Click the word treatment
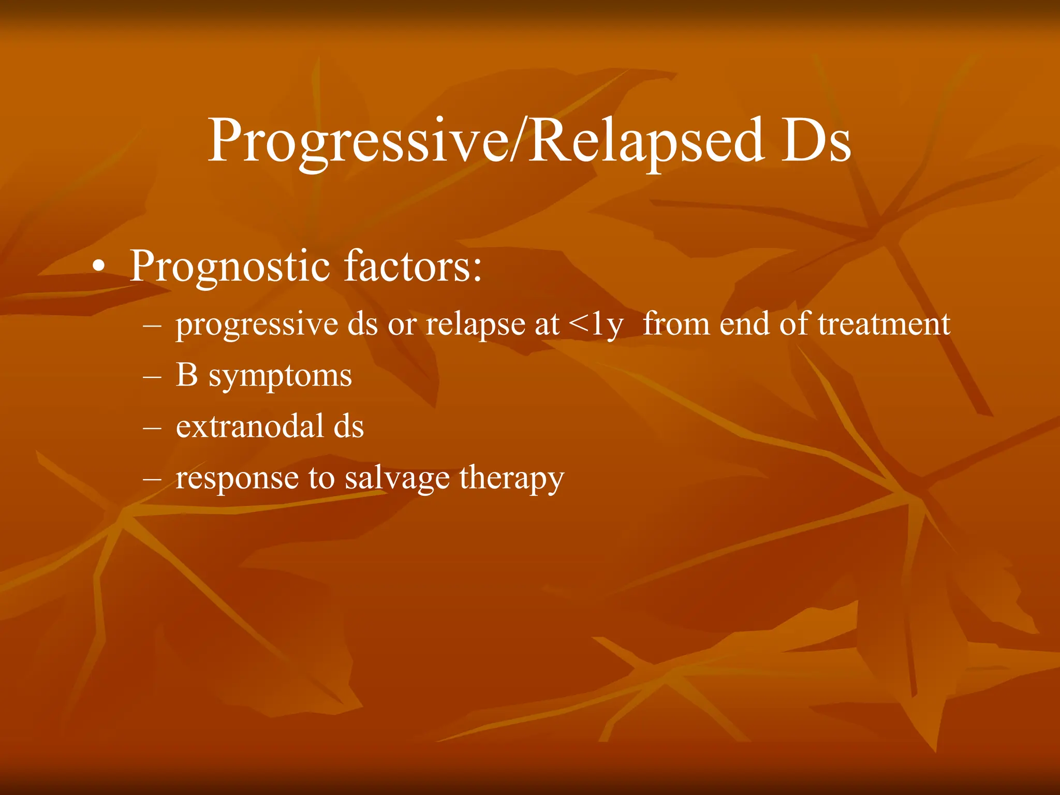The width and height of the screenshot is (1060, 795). tap(884, 324)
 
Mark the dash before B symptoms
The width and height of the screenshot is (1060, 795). tap(152, 377)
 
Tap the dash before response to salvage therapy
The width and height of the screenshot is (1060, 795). tap(152, 479)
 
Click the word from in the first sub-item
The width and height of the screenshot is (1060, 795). tap(676, 324)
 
